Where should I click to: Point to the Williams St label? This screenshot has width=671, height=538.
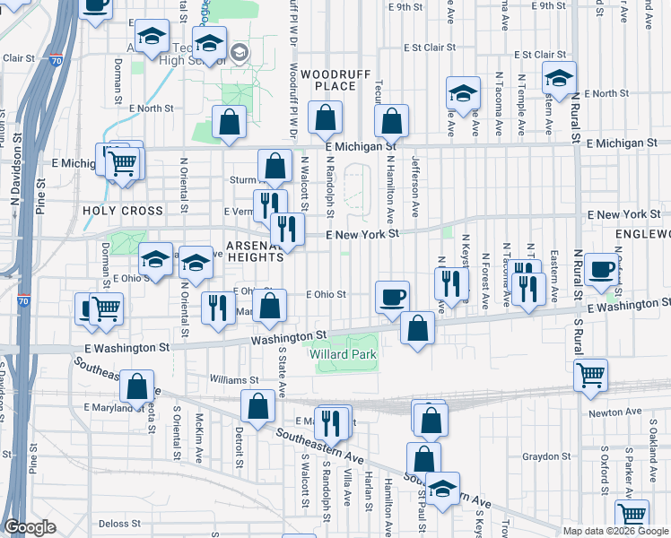(x=234, y=379)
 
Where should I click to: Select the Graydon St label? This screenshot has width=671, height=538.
(x=541, y=456)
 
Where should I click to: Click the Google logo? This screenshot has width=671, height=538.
(x=30, y=527)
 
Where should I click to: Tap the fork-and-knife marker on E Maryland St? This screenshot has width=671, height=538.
(x=334, y=421)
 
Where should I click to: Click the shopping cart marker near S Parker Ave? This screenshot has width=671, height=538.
(x=632, y=515)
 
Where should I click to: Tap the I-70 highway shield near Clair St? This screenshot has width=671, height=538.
(x=56, y=61)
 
